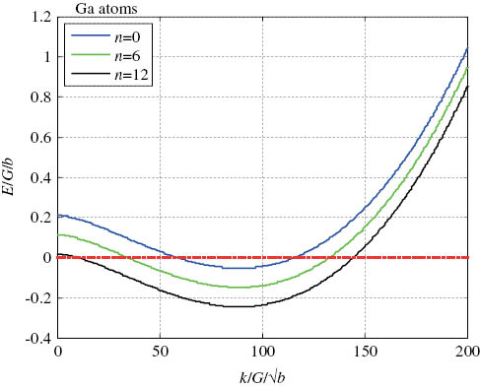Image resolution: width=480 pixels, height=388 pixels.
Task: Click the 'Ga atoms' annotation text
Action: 100,10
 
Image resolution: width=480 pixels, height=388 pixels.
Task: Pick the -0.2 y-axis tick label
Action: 38,297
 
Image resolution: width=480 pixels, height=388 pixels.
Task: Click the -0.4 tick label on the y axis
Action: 38,338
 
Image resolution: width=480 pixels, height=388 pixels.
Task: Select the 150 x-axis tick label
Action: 365,353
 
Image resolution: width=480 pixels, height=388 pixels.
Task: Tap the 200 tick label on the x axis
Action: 466,353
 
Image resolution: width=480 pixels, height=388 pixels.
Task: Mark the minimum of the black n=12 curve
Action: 240,306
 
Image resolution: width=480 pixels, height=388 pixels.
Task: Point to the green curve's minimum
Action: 240,287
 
